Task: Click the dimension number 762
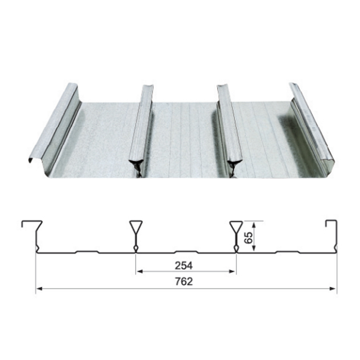(184, 282)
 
